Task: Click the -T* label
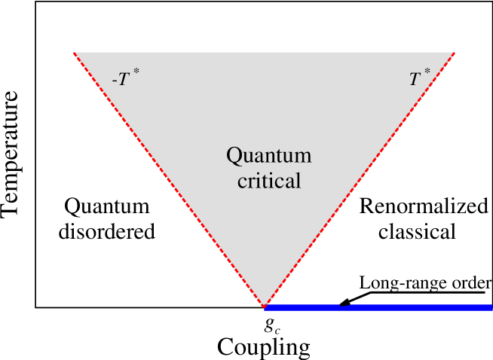(125, 78)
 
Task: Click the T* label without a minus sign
(419, 78)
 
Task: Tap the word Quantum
(268, 156)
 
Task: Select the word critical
(268, 181)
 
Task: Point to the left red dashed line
(169, 179)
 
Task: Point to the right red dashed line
(359, 179)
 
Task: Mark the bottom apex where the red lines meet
(264, 307)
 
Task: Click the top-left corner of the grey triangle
(75, 53)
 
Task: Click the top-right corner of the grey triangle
(454, 53)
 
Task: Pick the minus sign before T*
(114, 80)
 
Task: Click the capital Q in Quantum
(234, 156)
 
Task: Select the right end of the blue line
(491, 307)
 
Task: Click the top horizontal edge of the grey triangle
(264, 53)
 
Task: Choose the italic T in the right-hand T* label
(415, 79)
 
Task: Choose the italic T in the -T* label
(123, 79)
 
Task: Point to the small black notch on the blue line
(344, 304)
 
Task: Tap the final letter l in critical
(299, 180)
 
